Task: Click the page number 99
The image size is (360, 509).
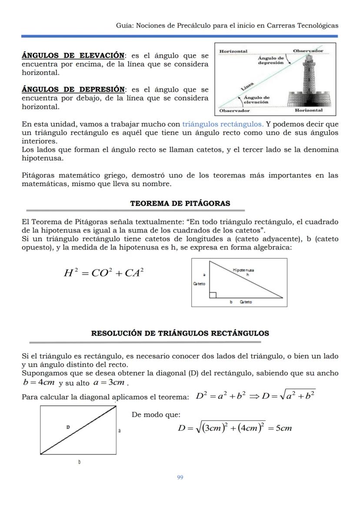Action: pos(180,477)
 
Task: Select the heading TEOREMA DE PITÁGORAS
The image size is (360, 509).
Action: pos(180,203)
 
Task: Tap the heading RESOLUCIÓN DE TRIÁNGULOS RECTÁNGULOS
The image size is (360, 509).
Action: pos(180,333)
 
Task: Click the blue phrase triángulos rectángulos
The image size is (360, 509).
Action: pos(223,124)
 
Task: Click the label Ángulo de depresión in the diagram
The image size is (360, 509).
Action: pos(271,60)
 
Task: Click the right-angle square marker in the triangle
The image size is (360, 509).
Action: pos(213,295)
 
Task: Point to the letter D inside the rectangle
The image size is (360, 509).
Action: pos(68,427)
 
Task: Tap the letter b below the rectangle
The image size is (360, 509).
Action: pos(79,462)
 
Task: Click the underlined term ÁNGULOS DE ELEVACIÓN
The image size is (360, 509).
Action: pos(73,56)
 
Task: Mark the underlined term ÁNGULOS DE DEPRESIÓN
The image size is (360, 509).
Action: pos(73,90)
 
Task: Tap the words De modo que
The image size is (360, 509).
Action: pos(156,415)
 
